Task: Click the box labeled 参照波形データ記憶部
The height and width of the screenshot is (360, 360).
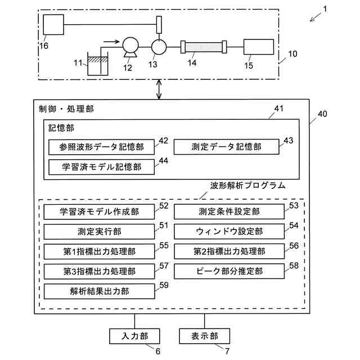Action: click(101, 147)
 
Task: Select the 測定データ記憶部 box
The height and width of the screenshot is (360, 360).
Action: click(226, 147)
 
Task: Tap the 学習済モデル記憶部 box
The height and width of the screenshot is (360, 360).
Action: click(101, 166)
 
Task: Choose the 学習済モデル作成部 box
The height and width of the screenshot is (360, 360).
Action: click(99, 212)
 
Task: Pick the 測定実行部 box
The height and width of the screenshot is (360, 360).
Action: click(99, 232)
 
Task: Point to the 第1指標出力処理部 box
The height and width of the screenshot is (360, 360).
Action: click(99, 251)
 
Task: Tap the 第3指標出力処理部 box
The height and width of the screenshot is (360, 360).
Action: click(99, 271)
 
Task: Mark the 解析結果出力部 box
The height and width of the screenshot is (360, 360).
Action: click(99, 291)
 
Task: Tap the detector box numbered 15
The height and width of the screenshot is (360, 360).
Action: click(258, 48)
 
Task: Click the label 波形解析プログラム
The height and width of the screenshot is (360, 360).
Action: click(247, 185)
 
